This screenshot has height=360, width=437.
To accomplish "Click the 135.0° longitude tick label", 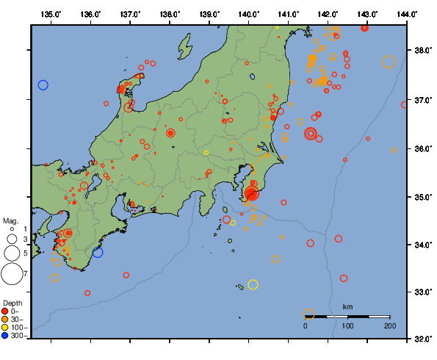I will [51, 14].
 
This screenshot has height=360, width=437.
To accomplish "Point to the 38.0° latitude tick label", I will [422, 51].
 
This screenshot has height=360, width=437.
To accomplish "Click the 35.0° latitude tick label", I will [422, 197].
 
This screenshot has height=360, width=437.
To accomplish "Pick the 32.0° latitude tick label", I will [422, 339].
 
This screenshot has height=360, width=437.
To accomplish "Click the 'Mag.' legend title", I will [10, 220].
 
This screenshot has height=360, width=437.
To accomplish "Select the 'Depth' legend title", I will [12, 303].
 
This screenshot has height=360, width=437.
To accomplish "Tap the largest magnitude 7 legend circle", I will [12, 274].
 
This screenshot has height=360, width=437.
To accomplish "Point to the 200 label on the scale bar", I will [389, 325].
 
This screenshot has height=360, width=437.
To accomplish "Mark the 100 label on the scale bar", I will [348, 325].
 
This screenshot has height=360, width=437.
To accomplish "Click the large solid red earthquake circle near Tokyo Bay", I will [252, 194].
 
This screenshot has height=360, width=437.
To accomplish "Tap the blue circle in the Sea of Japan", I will [43, 85].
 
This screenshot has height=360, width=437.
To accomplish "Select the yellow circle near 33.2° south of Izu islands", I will [253, 284].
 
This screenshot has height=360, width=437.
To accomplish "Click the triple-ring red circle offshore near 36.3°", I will [311, 133].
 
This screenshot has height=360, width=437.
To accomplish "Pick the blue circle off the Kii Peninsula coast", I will [98, 252].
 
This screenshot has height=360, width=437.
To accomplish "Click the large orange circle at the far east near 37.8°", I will [389, 62].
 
